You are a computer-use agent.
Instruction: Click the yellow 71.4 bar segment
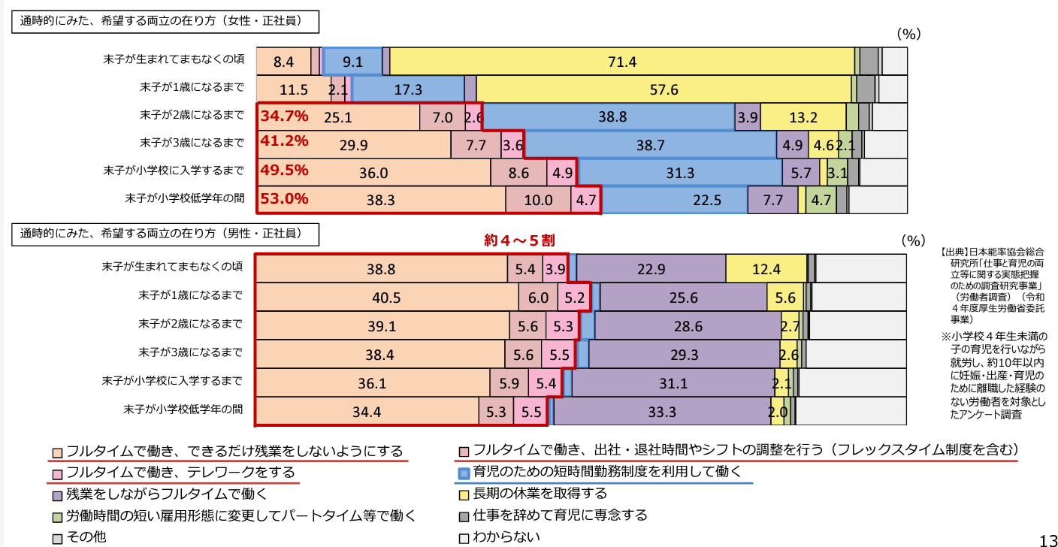point(622,62)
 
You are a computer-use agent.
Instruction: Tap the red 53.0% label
point(284,199)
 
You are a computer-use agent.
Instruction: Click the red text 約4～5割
point(519,240)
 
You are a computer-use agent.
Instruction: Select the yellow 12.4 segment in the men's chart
point(766,269)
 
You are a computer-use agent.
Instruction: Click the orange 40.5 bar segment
point(388,298)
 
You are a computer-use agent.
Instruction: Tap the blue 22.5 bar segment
point(675,201)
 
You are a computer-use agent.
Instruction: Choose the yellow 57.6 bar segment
point(664,89)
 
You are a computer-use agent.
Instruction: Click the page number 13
point(1047,539)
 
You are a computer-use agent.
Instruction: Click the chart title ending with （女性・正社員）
point(165,21)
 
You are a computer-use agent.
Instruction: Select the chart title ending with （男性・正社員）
point(165,234)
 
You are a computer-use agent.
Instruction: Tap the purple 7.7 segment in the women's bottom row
point(772,201)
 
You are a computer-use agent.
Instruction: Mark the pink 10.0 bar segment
point(538,201)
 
